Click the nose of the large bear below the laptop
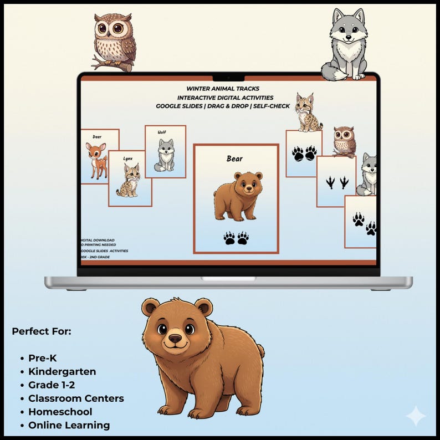(x=175, y=338)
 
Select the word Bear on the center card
(x=234, y=159)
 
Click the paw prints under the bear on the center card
(x=236, y=238)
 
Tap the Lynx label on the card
(x=128, y=158)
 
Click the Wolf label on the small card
(x=161, y=132)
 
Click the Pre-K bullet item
(x=43, y=358)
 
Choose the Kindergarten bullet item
(x=62, y=371)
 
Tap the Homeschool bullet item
(x=60, y=412)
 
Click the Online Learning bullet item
(x=69, y=425)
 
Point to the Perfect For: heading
(x=42, y=331)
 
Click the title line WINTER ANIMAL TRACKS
(x=223, y=89)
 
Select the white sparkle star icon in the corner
(x=416, y=416)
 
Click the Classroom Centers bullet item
(x=76, y=398)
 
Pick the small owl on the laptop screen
(x=344, y=142)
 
